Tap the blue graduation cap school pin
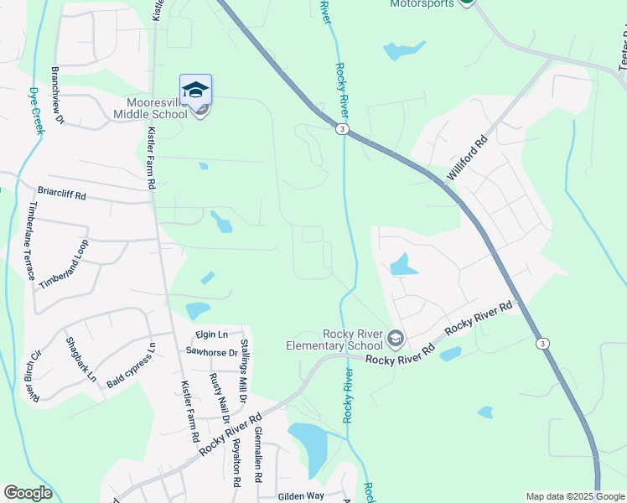pos(195,91)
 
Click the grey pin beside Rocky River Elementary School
pos(396,339)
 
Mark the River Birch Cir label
pos(35,370)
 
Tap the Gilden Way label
pos(302,495)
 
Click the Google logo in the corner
pos(28,493)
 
